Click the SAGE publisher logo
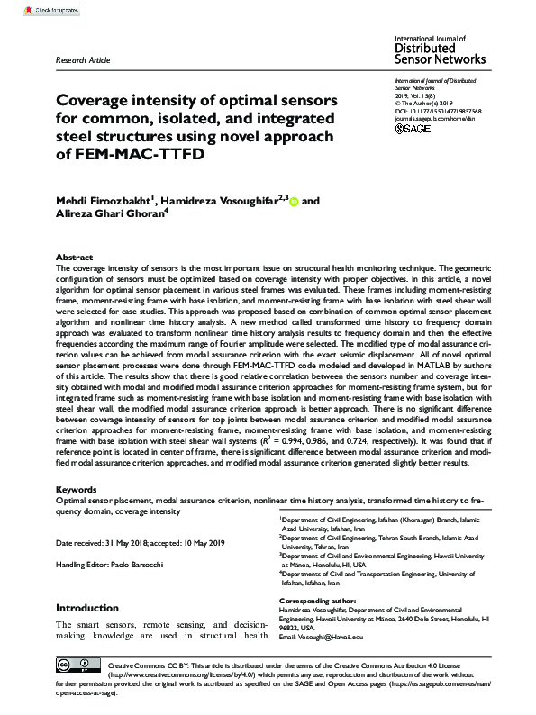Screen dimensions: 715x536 (x=413, y=129)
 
